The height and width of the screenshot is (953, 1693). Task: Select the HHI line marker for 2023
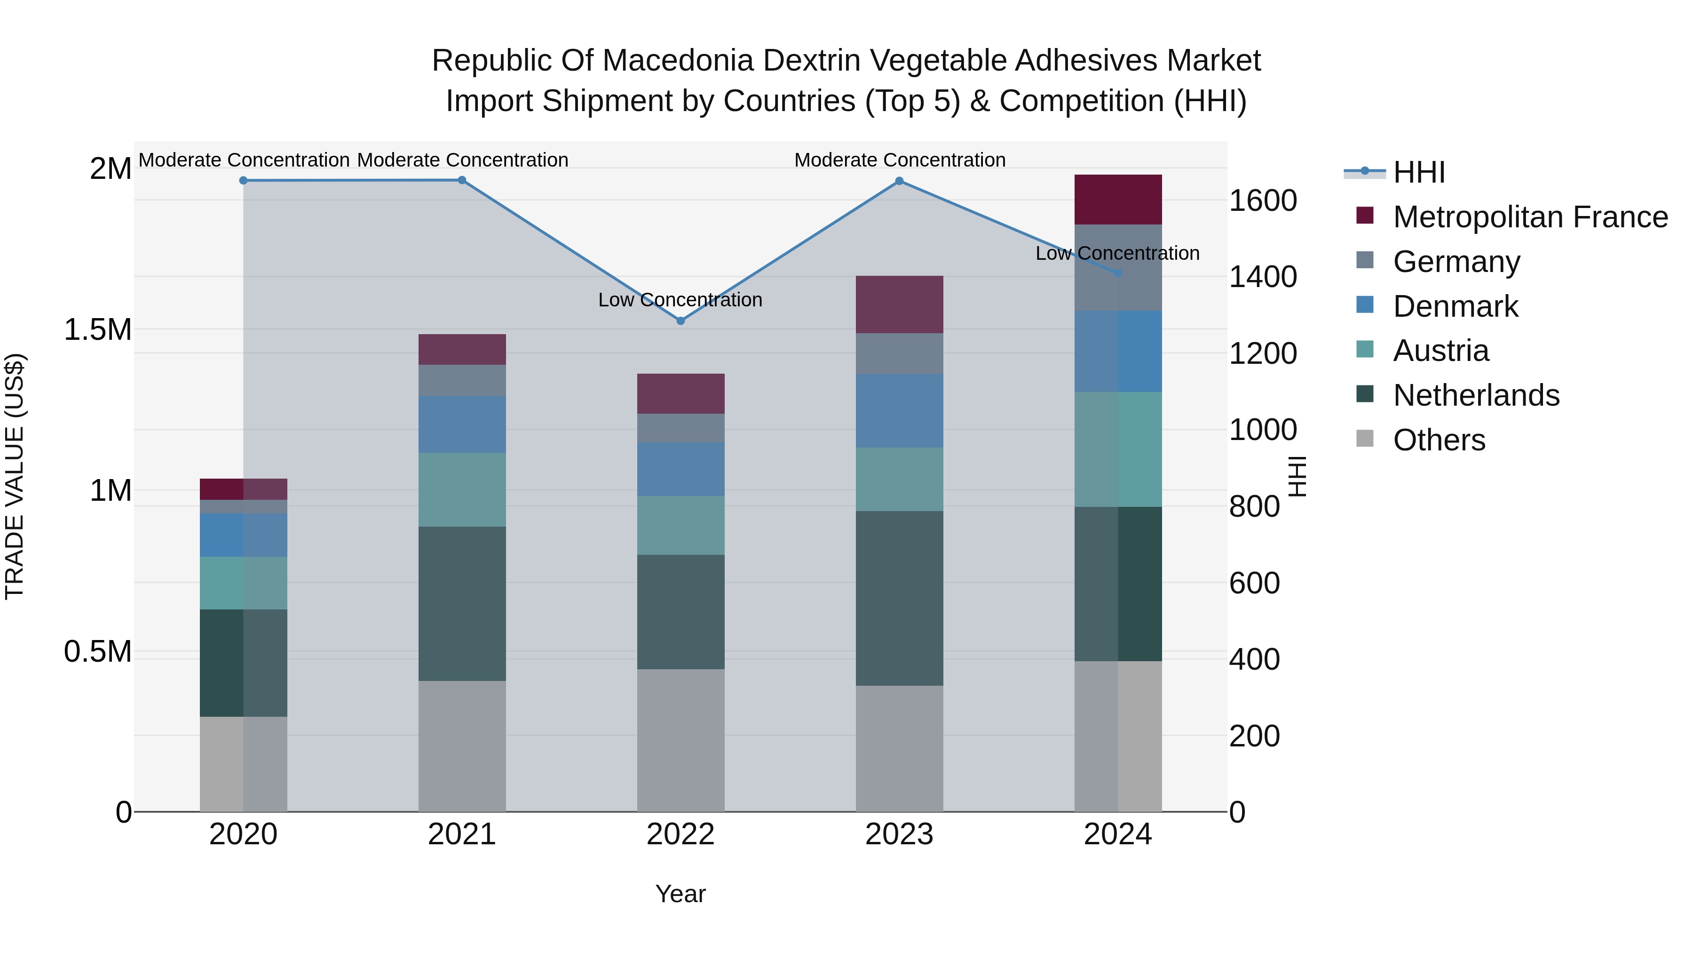coord(899,181)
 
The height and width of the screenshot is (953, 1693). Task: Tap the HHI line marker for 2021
coord(462,180)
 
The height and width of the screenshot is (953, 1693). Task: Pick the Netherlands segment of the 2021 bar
coord(462,603)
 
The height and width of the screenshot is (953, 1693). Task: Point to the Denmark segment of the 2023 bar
coord(899,410)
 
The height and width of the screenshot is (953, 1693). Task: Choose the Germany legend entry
coord(1456,262)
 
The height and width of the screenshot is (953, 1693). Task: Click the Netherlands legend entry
coord(1475,395)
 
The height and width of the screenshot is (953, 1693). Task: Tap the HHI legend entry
coord(1418,172)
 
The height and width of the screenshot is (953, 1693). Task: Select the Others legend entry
coord(1439,440)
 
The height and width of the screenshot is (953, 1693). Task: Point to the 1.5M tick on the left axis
coord(98,329)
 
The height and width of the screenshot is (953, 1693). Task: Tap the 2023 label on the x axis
coord(899,834)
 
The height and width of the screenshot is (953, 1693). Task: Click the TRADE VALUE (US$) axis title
coord(15,476)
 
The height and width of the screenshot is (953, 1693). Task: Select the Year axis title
coord(680,894)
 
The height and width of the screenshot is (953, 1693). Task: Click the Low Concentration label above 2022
coord(680,300)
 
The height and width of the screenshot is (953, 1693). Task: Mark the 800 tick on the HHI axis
coord(1254,506)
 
